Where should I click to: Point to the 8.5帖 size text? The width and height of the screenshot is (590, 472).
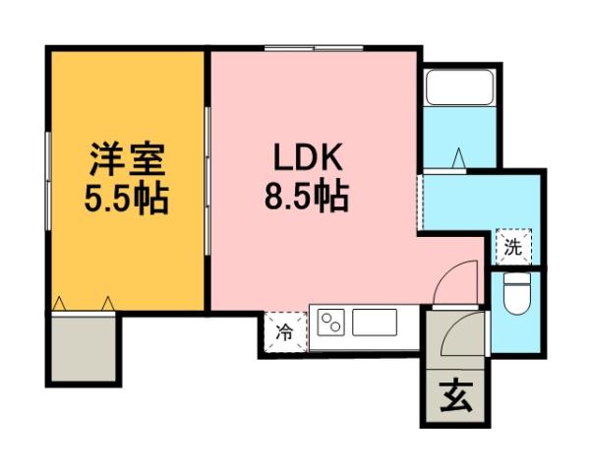pos(306,199)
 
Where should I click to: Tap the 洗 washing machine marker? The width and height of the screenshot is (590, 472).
pos(512,247)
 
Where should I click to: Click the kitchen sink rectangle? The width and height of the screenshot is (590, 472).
pos(374,322)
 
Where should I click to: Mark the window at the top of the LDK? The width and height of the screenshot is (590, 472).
pos(313,46)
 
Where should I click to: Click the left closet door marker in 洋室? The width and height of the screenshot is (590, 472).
pos(61,302)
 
